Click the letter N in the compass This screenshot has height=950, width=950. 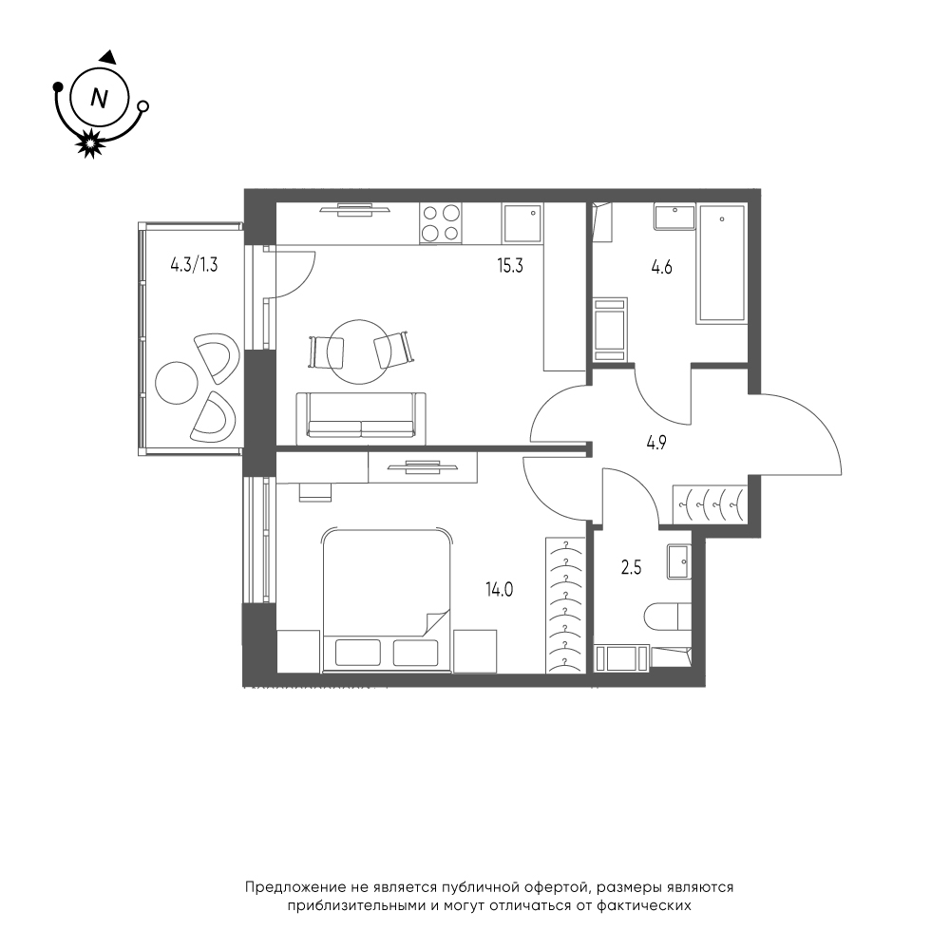click(x=99, y=97)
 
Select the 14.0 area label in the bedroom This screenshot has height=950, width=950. click(x=500, y=588)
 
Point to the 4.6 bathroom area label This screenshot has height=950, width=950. click(x=661, y=267)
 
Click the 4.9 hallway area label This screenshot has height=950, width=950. click(x=656, y=443)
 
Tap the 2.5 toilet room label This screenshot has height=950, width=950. click(x=632, y=568)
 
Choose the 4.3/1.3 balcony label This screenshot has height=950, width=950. click(x=193, y=265)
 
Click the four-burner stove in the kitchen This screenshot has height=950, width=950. click(x=441, y=223)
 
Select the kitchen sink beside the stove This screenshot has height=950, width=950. click(x=522, y=223)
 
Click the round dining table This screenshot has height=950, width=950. click(x=359, y=351)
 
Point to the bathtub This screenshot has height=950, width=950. click(x=722, y=263)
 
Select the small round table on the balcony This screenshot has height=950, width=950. click(x=177, y=383)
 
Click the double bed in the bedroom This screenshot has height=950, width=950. click(x=388, y=599)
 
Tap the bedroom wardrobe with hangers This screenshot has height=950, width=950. click(x=564, y=604)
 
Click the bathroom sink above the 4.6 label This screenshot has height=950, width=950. click(x=674, y=217)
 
